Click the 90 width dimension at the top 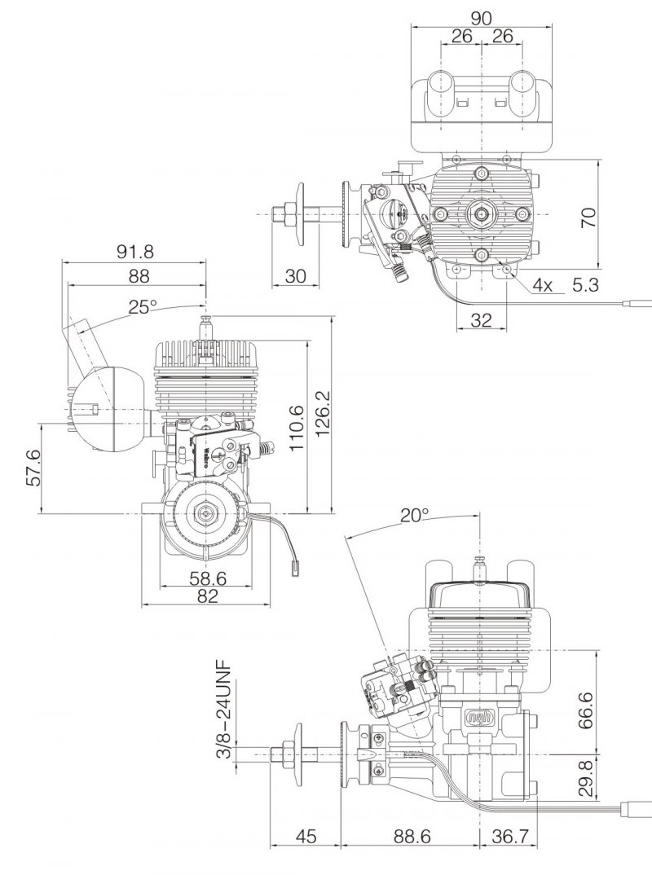pyautogui.click(x=481, y=18)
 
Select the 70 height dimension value pyautogui.click(x=588, y=217)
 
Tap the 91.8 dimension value pyautogui.click(x=134, y=252)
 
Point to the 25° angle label pyautogui.click(x=143, y=306)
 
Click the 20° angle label pyautogui.click(x=415, y=516)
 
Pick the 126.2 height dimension pyautogui.click(x=324, y=414)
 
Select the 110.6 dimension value pyautogui.click(x=296, y=428)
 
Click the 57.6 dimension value pyautogui.click(x=33, y=467)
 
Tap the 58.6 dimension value pyautogui.click(x=208, y=578)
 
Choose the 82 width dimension pyautogui.click(x=207, y=596)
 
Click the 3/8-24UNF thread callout pyautogui.click(x=224, y=709)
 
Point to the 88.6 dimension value pyautogui.click(x=412, y=836)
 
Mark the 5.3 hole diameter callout pyautogui.click(x=585, y=284)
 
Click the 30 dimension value pyautogui.click(x=295, y=275)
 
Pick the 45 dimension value pyautogui.click(x=306, y=836)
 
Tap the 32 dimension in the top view pyautogui.click(x=481, y=319)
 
